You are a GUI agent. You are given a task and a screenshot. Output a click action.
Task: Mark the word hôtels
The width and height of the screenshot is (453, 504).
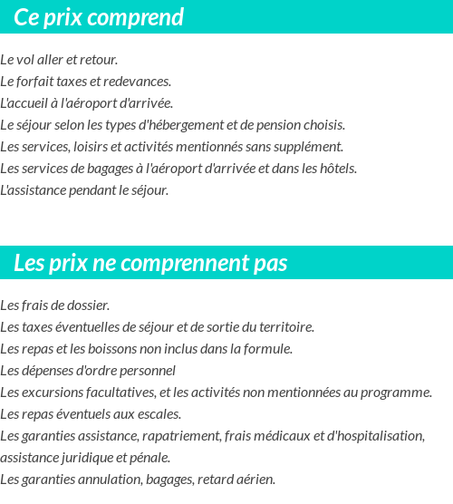[337, 169]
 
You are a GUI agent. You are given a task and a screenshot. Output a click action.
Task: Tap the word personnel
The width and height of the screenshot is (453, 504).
[146, 371]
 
